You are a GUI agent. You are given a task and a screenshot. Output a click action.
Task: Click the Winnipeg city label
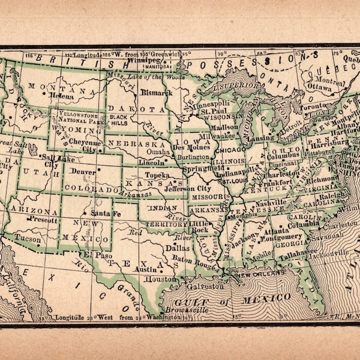[x=145, y=61]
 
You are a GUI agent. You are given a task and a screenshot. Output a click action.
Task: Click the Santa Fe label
[x=106, y=214]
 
